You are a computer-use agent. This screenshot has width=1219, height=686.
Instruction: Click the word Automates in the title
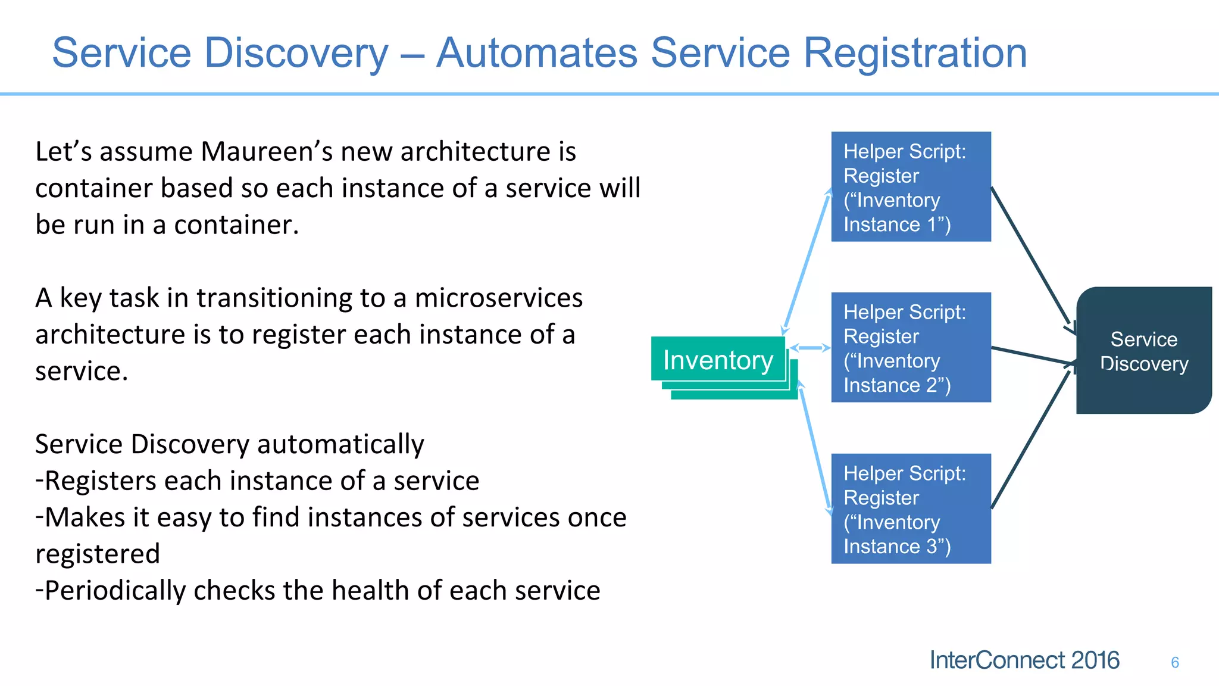tap(536, 53)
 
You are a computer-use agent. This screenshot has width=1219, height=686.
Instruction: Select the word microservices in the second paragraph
tap(498, 298)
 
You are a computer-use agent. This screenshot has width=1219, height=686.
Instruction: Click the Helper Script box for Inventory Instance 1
tap(911, 186)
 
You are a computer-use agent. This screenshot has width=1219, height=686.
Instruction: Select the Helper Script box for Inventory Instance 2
tap(911, 347)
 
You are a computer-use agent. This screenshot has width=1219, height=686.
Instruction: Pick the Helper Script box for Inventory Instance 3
tap(911, 509)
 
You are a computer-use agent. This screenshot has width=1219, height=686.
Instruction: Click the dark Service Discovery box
tap(1143, 351)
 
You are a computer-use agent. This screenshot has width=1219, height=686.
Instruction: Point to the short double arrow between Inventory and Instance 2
tap(809, 348)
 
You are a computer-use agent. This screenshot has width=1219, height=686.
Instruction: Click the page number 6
tap(1174, 662)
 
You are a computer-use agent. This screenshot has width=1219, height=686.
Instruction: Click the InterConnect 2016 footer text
tap(1024, 660)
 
